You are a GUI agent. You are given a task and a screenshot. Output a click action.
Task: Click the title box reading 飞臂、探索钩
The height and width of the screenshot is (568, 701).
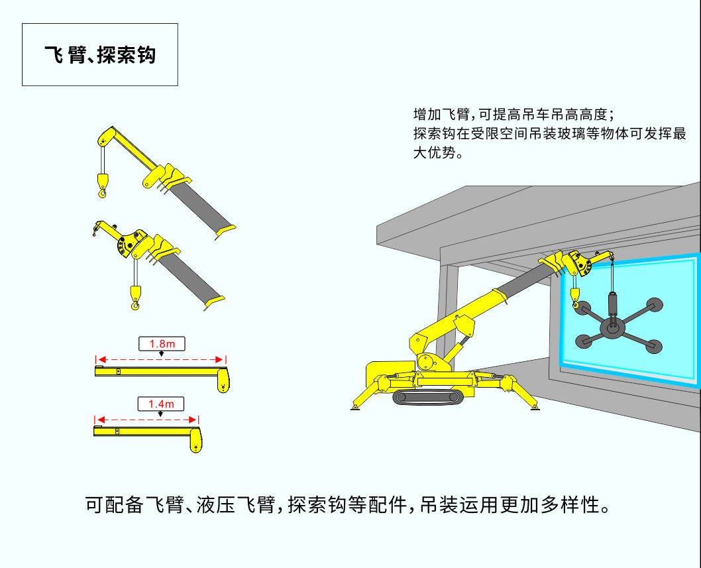tap(100, 54)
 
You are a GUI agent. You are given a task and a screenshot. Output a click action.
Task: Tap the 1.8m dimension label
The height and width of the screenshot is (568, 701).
tap(162, 343)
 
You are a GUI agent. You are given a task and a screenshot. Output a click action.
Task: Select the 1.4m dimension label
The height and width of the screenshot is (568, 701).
tap(160, 403)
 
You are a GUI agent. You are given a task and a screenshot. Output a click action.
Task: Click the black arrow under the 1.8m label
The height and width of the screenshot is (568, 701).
tap(162, 354)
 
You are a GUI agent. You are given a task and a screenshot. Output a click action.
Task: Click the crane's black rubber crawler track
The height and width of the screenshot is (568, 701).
tap(426, 397)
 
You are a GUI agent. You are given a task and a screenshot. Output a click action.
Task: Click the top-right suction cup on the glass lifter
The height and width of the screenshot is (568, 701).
tap(658, 306)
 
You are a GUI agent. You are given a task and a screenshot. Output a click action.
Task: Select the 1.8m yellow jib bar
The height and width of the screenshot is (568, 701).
tap(159, 371)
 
